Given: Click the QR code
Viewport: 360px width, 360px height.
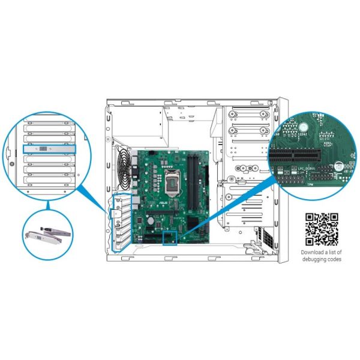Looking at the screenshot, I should [322, 229].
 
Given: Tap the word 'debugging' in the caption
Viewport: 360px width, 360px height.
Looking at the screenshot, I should [315, 259].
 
